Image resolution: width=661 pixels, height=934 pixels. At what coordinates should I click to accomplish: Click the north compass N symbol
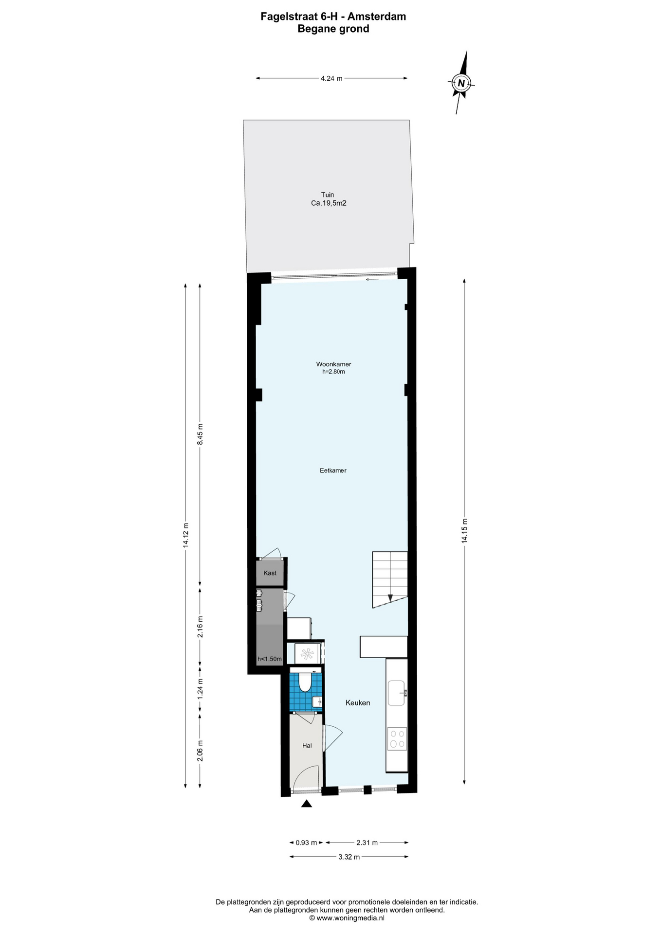(461, 83)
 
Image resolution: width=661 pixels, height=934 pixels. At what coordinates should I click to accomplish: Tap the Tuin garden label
(328, 195)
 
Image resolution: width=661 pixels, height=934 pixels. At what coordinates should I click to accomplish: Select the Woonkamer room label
(333, 364)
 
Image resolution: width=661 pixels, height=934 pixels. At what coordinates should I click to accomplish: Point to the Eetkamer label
(333, 470)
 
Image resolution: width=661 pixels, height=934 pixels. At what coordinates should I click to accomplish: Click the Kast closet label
(270, 573)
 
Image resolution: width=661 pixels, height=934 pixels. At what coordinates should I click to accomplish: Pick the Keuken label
(358, 702)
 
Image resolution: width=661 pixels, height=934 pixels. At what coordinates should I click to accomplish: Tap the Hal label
(307, 745)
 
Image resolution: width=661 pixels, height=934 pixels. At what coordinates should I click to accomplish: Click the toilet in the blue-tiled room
(305, 682)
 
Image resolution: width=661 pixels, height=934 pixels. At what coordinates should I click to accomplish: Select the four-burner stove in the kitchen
(396, 738)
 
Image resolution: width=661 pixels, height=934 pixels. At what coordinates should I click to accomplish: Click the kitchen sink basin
(396, 693)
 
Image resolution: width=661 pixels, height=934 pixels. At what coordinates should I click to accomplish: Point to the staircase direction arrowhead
(390, 598)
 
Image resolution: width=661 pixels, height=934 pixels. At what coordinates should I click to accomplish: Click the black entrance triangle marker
(306, 804)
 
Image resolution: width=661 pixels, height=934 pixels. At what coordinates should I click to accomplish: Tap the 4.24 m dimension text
(331, 78)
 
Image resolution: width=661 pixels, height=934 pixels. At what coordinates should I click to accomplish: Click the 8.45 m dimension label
(200, 434)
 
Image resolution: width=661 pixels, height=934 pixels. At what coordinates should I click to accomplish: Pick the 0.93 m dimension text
(306, 843)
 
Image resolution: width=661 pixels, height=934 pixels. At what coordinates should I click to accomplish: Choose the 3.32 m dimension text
(349, 857)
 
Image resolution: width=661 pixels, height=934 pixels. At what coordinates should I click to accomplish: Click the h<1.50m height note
(270, 659)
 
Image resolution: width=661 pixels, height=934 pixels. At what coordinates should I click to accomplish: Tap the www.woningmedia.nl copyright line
(347, 918)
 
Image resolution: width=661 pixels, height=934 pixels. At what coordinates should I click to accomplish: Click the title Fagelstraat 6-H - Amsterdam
(333, 17)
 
